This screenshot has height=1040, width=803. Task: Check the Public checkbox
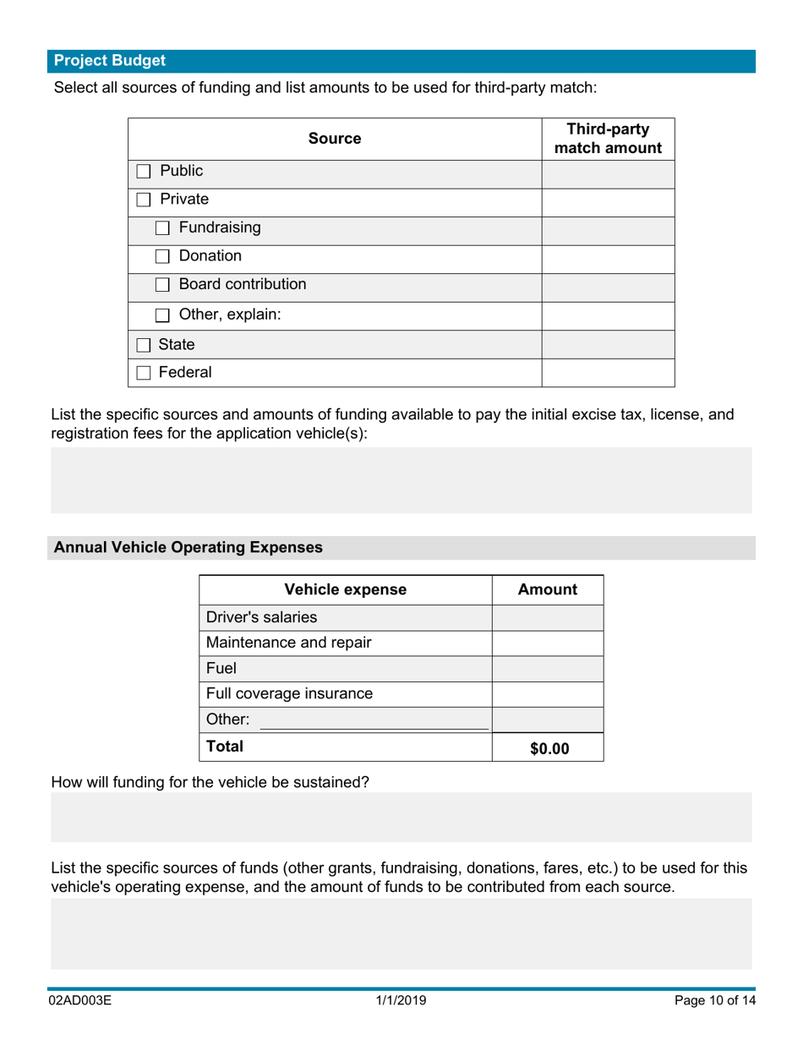[144, 172]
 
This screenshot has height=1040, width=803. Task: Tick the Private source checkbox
[144, 200]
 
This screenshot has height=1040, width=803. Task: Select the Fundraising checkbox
[162, 228]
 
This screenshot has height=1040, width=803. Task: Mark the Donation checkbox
[162, 257]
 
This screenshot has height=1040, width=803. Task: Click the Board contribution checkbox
[162, 286]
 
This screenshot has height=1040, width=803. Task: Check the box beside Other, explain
[162, 315]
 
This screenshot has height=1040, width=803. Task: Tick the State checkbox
[144, 345]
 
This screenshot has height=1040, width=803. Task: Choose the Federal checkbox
[144, 373]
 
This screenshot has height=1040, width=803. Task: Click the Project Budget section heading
[110, 61]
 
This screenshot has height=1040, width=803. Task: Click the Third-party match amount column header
[607, 139]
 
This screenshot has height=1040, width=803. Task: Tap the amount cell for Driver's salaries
[547, 618]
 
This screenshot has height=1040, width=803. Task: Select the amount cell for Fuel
[547, 669]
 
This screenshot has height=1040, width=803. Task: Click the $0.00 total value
[549, 748]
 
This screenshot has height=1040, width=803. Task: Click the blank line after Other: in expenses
[373, 720]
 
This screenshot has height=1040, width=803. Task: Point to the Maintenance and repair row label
[288, 643]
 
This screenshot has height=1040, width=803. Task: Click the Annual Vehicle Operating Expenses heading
[188, 548]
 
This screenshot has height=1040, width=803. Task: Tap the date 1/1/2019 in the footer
[401, 1001]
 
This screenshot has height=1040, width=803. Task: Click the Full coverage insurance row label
[289, 694]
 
